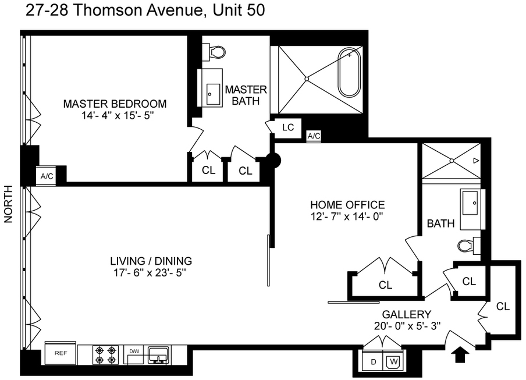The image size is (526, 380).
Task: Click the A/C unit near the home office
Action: [314, 136]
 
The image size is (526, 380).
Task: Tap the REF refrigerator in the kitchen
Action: [61, 353]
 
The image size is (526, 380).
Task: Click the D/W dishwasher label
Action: [134, 351]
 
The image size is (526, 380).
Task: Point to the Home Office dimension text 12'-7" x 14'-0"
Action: [347, 216]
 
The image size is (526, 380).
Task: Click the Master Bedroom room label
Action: [115, 104]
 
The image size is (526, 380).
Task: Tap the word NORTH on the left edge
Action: [8, 204]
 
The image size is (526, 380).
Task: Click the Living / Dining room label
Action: [151, 261]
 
